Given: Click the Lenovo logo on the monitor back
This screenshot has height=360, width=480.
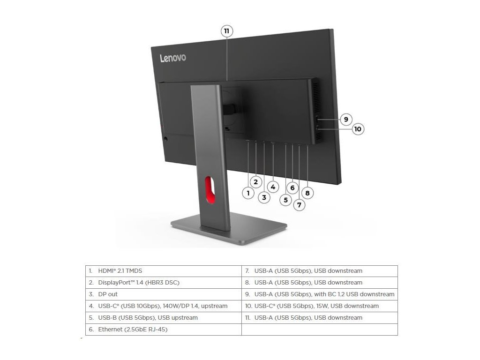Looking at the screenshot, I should pos(173,58).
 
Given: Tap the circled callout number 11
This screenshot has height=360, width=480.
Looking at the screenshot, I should pos(227,31).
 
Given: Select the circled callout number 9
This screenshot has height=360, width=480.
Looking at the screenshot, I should pos(345,119).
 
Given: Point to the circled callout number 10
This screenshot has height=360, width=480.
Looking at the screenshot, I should pos(358,129).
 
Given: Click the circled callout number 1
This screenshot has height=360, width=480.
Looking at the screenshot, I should pos(248,192).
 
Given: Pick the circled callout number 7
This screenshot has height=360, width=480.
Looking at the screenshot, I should pos(299,204).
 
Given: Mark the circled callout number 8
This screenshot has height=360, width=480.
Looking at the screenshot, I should pos(307,192).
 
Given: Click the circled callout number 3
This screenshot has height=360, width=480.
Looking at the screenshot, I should pos(264,197).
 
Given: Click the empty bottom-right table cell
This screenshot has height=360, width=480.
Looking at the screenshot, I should pos(320,330).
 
